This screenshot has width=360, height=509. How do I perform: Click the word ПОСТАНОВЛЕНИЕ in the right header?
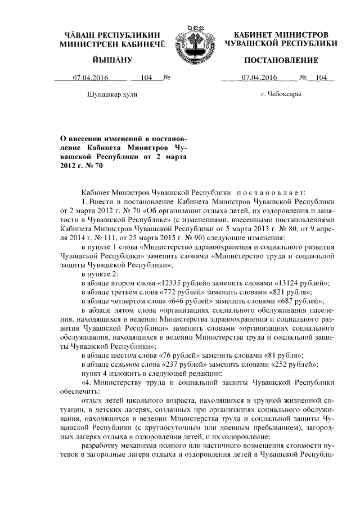(281, 60)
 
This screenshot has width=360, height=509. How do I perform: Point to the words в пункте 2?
(100, 273)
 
